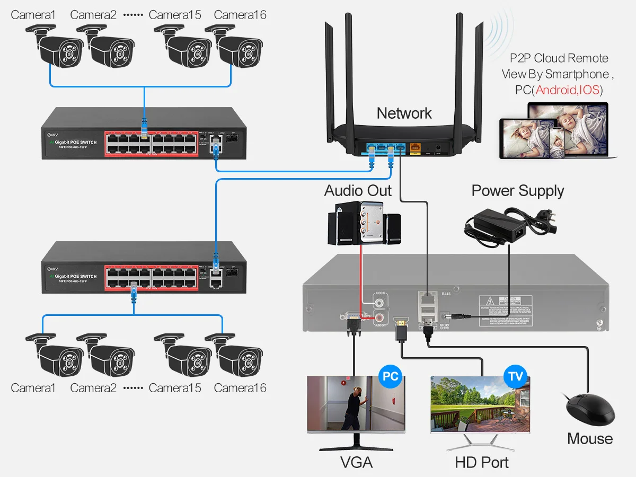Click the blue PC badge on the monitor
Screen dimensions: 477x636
(x=391, y=377)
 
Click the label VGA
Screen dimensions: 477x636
(x=356, y=462)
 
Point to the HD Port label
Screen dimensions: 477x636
(x=481, y=462)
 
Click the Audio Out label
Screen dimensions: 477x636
(x=358, y=191)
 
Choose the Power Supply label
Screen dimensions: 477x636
(x=517, y=191)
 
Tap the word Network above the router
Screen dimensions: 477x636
(x=404, y=113)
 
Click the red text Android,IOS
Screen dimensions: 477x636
(x=568, y=90)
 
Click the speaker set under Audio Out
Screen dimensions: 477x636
(x=363, y=225)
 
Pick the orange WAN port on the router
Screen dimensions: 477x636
(x=414, y=149)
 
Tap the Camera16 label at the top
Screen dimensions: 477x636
(x=240, y=15)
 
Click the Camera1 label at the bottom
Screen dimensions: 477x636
(x=33, y=388)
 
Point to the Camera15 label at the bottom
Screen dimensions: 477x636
(x=175, y=388)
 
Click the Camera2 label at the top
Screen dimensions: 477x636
(x=93, y=15)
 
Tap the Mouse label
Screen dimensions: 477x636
(x=589, y=439)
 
